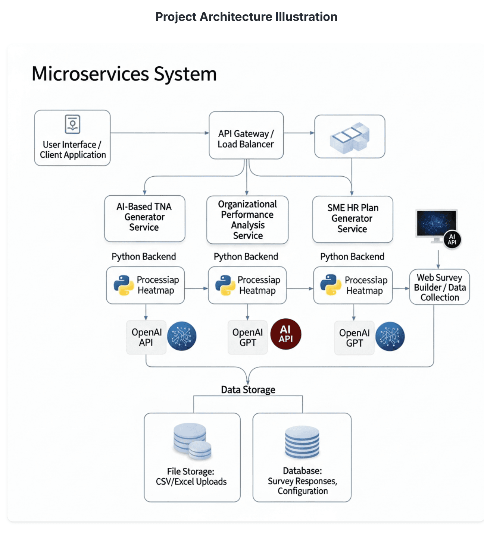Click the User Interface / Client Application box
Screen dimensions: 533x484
click(72, 138)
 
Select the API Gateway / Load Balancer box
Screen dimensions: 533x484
click(246, 135)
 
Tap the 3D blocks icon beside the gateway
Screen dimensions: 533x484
click(350, 137)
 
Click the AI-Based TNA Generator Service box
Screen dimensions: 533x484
click(145, 218)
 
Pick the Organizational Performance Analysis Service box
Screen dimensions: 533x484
click(247, 220)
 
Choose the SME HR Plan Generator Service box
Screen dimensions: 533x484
click(353, 219)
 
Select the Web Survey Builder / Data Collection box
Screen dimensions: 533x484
click(440, 287)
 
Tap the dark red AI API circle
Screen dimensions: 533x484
click(285, 334)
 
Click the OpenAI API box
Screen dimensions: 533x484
click(146, 337)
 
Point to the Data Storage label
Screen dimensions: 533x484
click(248, 390)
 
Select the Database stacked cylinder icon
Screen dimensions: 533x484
click(302, 442)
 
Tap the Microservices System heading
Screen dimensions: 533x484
click(124, 74)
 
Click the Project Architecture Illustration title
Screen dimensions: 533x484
click(246, 17)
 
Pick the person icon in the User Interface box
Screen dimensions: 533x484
click(72, 124)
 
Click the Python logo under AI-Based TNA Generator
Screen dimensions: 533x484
click(124, 286)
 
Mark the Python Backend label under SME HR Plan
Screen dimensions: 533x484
click(352, 257)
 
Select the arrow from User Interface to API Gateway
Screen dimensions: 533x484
click(159, 133)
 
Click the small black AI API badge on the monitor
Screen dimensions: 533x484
click(452, 240)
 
